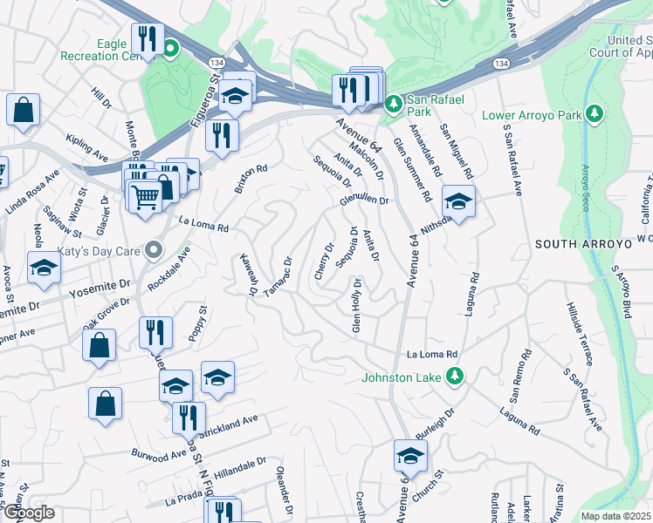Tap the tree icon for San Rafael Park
tap(394, 104)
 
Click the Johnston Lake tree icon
tap(454, 377)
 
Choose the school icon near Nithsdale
tap(458, 202)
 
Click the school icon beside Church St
tap(410, 454)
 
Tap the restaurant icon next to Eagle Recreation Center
tap(147, 38)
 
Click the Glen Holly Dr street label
tap(356, 306)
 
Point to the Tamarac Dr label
tap(278, 275)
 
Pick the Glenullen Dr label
tap(363, 200)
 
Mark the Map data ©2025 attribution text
tap(615, 516)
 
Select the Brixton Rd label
tap(250, 178)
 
